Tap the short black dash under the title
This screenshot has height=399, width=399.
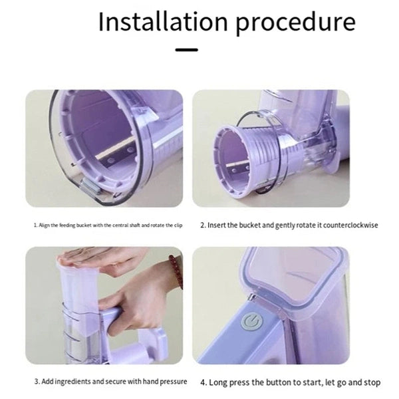pyautogui.click(x=186, y=49)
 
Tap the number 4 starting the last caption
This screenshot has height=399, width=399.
pyautogui.click(x=203, y=383)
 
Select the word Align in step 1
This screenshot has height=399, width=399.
pyautogui.click(x=45, y=225)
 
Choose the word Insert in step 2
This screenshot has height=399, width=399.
pyautogui.click(x=218, y=225)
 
